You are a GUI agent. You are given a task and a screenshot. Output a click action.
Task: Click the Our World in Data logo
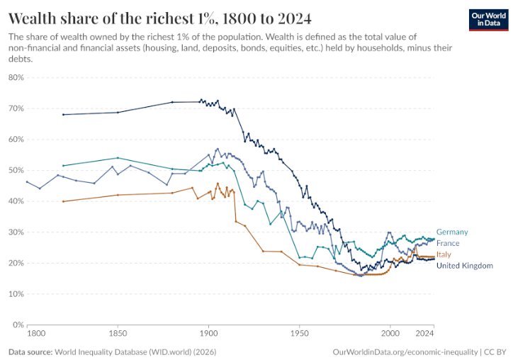tap(489, 20)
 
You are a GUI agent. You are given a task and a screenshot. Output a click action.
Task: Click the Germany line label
tap(452, 232)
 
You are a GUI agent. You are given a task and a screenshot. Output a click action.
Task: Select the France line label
tap(448, 243)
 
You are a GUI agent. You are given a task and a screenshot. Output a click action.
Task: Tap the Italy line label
tap(444, 254)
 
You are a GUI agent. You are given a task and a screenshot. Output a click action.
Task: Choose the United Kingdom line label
tap(465, 266)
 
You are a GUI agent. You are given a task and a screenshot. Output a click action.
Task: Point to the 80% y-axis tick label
tap(16, 77)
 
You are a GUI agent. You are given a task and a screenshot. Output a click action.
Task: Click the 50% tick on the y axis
tap(16, 170)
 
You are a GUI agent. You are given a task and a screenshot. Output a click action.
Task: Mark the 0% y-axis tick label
tap(18, 325)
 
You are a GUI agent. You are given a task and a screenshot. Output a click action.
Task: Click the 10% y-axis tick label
tap(16, 294)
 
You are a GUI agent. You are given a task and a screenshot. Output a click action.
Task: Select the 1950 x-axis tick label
tap(299, 334)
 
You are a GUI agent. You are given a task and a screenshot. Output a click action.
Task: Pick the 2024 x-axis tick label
tap(424, 334)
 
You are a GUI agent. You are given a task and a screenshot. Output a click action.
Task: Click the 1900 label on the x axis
tap(208, 334)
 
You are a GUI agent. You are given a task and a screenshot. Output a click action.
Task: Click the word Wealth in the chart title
tap(33, 18)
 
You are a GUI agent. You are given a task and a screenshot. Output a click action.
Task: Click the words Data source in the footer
tap(30, 352)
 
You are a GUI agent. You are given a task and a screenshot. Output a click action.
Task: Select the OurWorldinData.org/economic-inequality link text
tap(405, 352)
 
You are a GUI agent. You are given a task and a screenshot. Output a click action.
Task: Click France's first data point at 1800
tap(27, 181)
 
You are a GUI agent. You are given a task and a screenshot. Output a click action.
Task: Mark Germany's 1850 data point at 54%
tap(118, 158)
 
